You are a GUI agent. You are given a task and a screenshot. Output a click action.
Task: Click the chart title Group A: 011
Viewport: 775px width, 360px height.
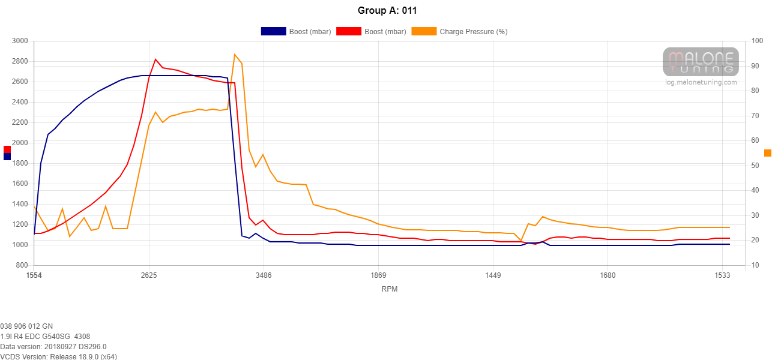(387, 10)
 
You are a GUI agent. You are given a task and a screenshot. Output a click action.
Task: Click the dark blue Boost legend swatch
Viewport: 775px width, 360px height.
(273, 31)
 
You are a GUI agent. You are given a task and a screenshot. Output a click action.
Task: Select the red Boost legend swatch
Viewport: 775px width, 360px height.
(348, 31)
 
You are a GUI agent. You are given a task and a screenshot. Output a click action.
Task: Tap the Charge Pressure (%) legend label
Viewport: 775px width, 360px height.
(473, 31)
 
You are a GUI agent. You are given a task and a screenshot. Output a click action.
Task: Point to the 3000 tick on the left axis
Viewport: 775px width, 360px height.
(20, 41)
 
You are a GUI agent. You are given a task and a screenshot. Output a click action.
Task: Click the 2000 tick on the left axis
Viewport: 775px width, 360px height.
(20, 143)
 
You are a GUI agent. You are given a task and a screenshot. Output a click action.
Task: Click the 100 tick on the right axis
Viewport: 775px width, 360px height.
(757, 41)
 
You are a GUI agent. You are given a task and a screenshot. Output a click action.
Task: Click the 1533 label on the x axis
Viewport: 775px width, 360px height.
(722, 275)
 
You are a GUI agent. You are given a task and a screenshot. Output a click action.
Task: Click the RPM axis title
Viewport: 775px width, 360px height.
(389, 289)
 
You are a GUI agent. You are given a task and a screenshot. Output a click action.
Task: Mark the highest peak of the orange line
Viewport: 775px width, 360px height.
(235, 55)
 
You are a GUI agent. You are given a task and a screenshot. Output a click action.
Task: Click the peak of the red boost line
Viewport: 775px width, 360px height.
(155, 59)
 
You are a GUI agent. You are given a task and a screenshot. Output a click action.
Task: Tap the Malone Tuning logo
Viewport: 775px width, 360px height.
(701, 62)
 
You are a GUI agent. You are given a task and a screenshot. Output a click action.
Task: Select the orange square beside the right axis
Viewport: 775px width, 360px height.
(767, 153)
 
